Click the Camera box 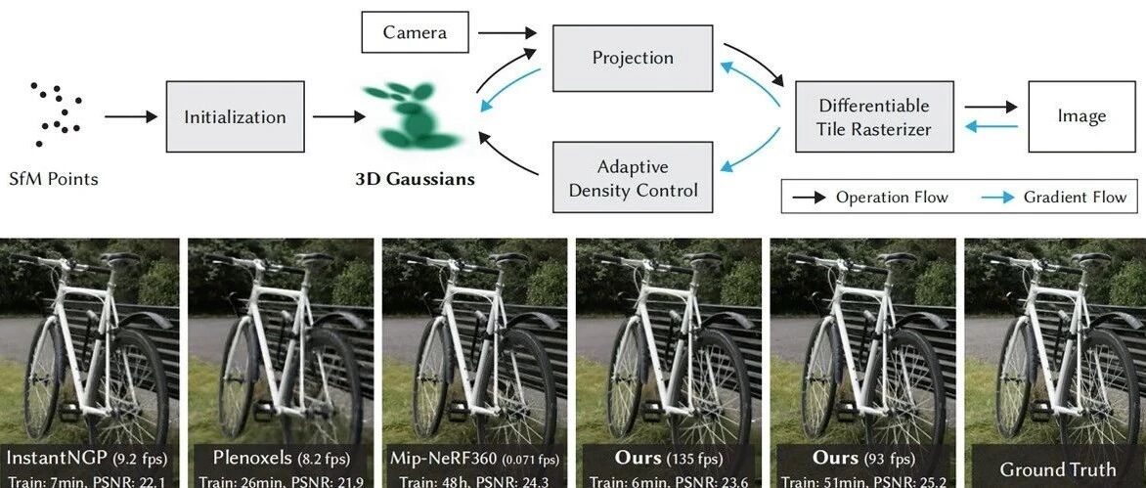pyautogui.click(x=415, y=32)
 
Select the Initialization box pyautogui.click(x=235, y=117)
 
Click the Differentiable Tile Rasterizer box pyautogui.click(x=874, y=116)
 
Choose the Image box pyautogui.click(x=1081, y=116)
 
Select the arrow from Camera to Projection pyautogui.click(x=509, y=32)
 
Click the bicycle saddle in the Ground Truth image pyautogui.click(x=1096, y=259)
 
